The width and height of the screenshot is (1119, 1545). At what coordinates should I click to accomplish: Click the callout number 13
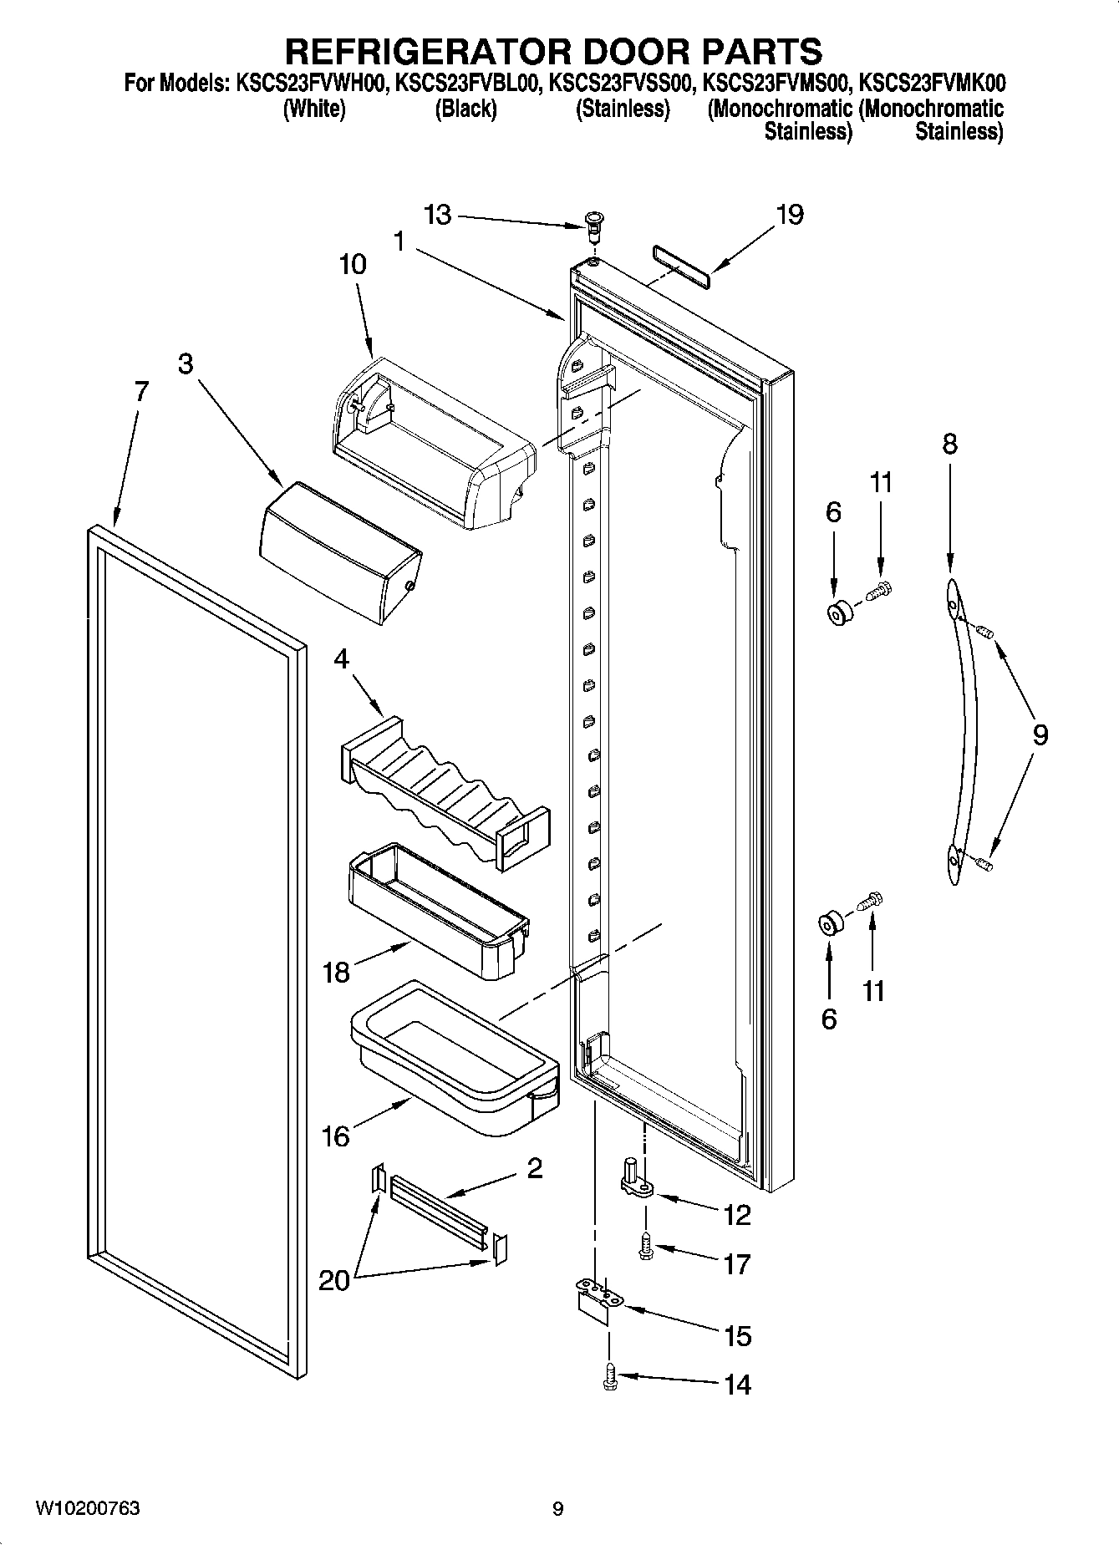pyautogui.click(x=437, y=215)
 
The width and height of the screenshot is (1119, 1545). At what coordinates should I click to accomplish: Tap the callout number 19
pyautogui.click(x=789, y=215)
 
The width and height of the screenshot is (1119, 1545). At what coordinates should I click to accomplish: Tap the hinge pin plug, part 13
pyautogui.click(x=593, y=224)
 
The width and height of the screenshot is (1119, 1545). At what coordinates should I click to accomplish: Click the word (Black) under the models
pyautogui.click(x=465, y=109)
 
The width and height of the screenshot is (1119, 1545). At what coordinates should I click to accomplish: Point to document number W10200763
pyautogui.click(x=87, y=1508)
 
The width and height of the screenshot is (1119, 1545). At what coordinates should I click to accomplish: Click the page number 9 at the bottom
pyautogui.click(x=557, y=1509)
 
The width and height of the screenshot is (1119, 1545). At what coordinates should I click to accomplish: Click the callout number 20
pyautogui.click(x=334, y=1279)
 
